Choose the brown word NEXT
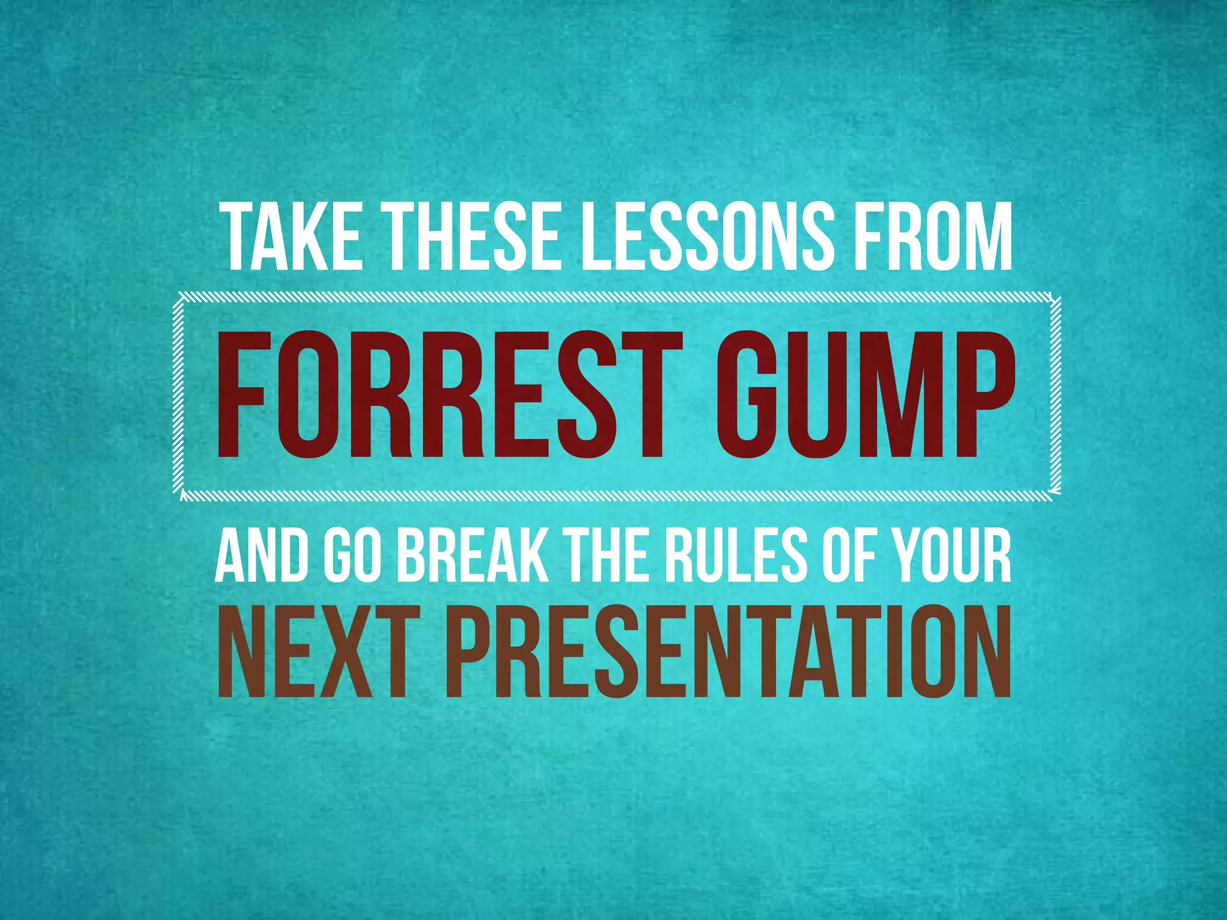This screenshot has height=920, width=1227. coord(318,653)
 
